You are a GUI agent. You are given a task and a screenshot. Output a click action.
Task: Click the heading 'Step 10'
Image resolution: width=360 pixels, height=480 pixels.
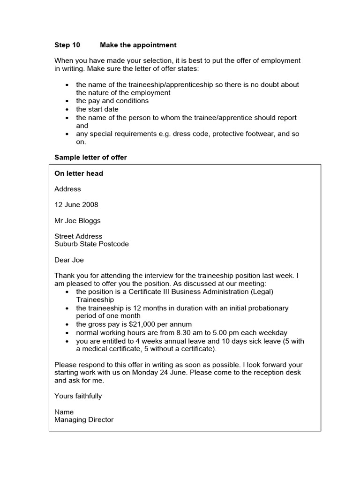(x=67, y=45)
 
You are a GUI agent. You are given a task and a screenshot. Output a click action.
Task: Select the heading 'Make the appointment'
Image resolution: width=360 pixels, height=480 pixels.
(x=138, y=45)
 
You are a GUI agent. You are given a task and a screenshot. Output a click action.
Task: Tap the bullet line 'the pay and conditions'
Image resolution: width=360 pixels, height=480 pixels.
(x=112, y=101)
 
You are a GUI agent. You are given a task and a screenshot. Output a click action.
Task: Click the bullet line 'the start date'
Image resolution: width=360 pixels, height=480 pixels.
(x=97, y=109)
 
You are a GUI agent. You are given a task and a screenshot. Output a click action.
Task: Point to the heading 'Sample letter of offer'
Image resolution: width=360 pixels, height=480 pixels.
(x=90, y=157)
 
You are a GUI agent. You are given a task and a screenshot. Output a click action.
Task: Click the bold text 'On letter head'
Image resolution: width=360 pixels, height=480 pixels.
(x=79, y=173)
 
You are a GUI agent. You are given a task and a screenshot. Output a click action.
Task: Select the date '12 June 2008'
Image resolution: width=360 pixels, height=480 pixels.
(x=76, y=205)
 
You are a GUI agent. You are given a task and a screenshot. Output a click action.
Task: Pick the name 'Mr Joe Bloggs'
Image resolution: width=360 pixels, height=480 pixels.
(x=77, y=221)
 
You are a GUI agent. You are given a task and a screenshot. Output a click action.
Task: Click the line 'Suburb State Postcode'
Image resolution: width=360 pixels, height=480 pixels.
(x=91, y=244)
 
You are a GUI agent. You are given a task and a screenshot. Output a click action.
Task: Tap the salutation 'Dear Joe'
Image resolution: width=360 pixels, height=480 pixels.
(x=69, y=260)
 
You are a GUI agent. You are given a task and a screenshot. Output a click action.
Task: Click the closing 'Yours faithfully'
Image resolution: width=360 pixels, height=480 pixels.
(x=78, y=396)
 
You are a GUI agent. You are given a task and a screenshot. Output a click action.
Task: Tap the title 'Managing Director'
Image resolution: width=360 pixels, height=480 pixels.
(x=84, y=420)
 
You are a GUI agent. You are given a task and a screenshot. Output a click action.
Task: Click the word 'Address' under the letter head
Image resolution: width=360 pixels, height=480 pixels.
(x=67, y=189)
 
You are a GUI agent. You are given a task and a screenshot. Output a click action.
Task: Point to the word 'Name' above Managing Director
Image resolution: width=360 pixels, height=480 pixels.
(x=64, y=412)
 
